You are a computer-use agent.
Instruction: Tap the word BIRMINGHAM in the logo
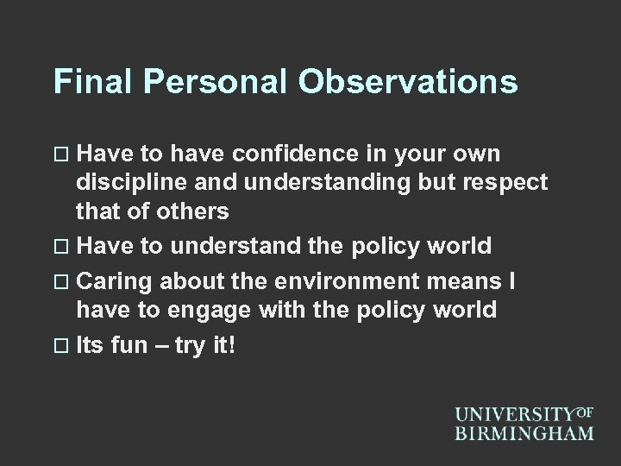(x=525, y=432)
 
